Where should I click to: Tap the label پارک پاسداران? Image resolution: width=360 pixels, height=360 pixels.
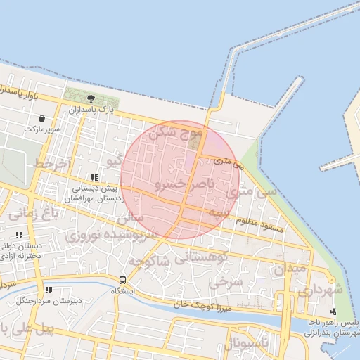coord(91,110)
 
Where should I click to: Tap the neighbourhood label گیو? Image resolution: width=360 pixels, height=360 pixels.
coord(113,161)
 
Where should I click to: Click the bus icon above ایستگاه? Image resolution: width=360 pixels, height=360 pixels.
coord(124,280)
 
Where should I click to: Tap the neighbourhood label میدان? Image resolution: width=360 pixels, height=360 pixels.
coord(289,269)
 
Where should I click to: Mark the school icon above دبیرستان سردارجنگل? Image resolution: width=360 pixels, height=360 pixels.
coord(49,290)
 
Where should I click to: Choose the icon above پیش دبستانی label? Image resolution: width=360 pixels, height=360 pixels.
coord(94,177)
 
